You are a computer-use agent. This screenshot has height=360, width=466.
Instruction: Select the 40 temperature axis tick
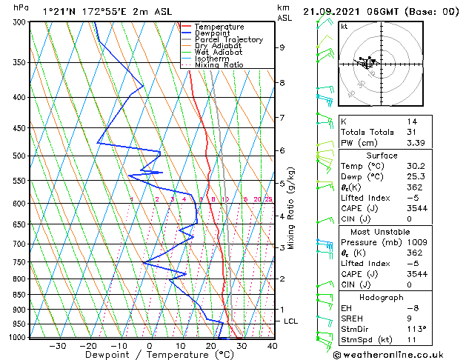pyautogui.click(x=272, y=345)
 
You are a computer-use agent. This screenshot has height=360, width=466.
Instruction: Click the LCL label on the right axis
pyautogui.click(x=290, y=321)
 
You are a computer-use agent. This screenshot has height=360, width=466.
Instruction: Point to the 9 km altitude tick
pyautogui.click(x=282, y=47)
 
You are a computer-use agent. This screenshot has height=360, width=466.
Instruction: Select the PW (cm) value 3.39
pyautogui.click(x=416, y=143)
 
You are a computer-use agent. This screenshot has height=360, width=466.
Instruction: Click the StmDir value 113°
pyautogui.click(x=416, y=329)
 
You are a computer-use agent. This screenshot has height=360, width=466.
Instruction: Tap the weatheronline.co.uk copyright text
pyautogui.click(x=400, y=354)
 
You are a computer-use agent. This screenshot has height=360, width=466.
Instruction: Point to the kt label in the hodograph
pyautogui.click(x=344, y=27)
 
